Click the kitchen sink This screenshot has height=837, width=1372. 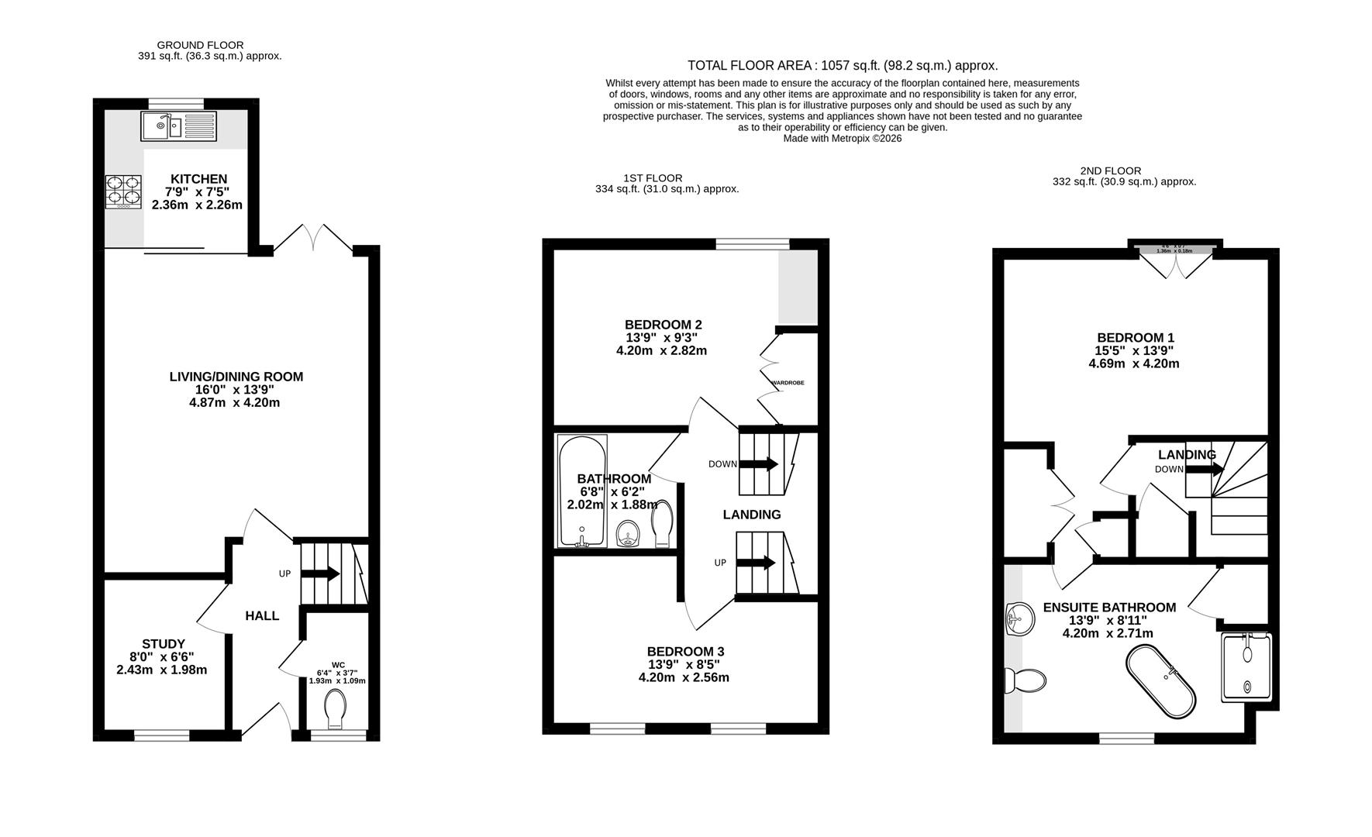click(x=180, y=126)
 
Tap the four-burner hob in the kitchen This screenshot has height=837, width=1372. click(x=124, y=191)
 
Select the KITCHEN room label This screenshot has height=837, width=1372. click(x=198, y=179)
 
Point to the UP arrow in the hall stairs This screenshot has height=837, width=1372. click(x=320, y=574)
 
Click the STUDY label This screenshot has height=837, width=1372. click(x=164, y=644)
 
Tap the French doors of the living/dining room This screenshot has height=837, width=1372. click(x=313, y=237)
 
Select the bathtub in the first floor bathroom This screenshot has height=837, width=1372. click(x=581, y=491)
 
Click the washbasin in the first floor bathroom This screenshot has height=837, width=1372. click(x=629, y=533)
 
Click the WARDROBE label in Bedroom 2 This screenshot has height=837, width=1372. click(x=787, y=383)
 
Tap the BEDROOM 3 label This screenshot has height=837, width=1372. click(x=685, y=652)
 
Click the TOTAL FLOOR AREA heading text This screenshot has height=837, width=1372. click(x=842, y=66)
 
